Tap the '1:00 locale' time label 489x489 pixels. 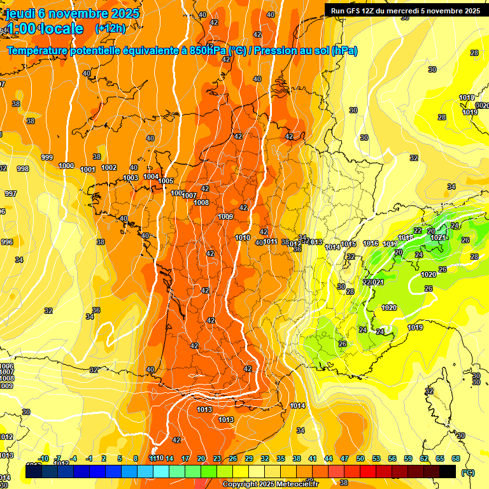[x=45, y=29]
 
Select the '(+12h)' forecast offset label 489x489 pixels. [x=110, y=29]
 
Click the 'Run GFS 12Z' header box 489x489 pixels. [x=406, y=10]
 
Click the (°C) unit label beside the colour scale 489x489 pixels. [x=467, y=472]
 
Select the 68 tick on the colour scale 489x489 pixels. [x=456, y=458]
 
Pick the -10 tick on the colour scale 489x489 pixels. [x=43, y=458]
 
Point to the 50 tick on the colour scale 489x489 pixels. [x=360, y=458]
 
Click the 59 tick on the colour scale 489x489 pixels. [x=408, y=458]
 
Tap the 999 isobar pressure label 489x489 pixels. [x=47, y=157]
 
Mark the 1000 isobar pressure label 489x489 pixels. [x=66, y=166]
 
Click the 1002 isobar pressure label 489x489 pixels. [x=109, y=167]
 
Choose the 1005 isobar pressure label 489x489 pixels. [x=166, y=181]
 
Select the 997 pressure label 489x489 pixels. [x=10, y=194]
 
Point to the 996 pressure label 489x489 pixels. [x=7, y=242]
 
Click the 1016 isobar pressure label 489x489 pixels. [x=371, y=243]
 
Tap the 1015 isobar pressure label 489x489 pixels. [x=348, y=244]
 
